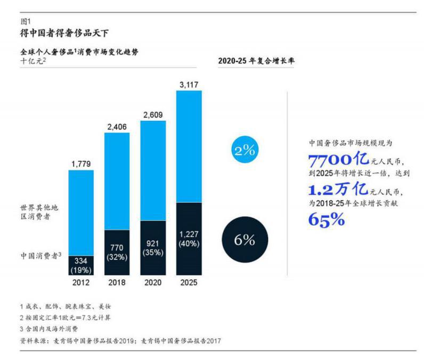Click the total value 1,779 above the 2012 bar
click(x=81, y=163)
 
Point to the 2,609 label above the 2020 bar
click(x=153, y=114)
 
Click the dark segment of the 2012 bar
click(x=81, y=265)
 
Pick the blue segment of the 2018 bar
click(x=117, y=181)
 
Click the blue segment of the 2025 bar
click(x=189, y=146)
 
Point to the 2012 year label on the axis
click(x=81, y=282)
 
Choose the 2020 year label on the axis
click(x=153, y=282)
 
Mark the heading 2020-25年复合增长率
click(x=256, y=61)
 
